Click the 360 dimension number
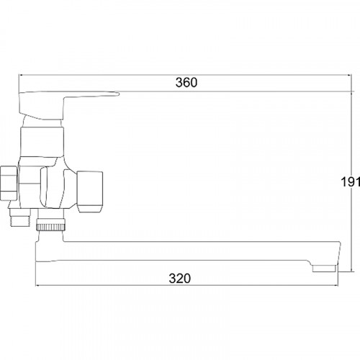[x=186, y=82]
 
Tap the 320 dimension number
[x=180, y=279]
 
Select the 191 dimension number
[x=351, y=181]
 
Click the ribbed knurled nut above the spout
[x=50, y=227]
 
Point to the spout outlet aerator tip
[x=324, y=269]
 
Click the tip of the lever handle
[x=119, y=94]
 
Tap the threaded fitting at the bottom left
[x=19, y=217]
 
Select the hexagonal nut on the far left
[x=9, y=183]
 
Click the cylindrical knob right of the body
[x=90, y=192]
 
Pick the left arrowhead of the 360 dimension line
[x=21, y=75]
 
